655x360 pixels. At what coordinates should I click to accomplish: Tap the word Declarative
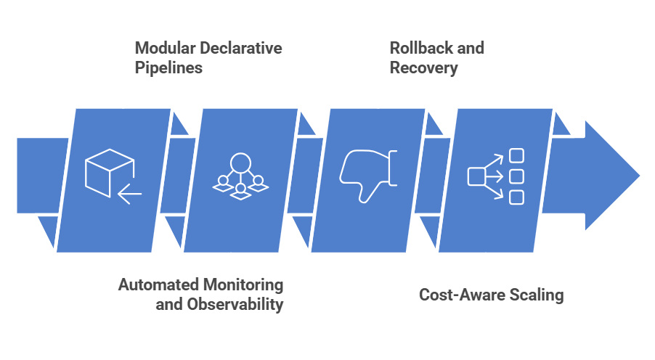239,49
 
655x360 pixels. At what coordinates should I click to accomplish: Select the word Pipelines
168,68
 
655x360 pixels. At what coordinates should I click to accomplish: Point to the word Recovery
423,68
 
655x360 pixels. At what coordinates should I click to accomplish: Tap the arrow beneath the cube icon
130,194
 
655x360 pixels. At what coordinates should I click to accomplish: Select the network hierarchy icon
240,176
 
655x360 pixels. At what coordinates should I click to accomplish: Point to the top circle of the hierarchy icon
240,162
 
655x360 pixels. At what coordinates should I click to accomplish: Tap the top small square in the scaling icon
516,155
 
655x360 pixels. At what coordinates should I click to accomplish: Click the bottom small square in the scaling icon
516,197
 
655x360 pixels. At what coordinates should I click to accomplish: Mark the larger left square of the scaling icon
476,176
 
